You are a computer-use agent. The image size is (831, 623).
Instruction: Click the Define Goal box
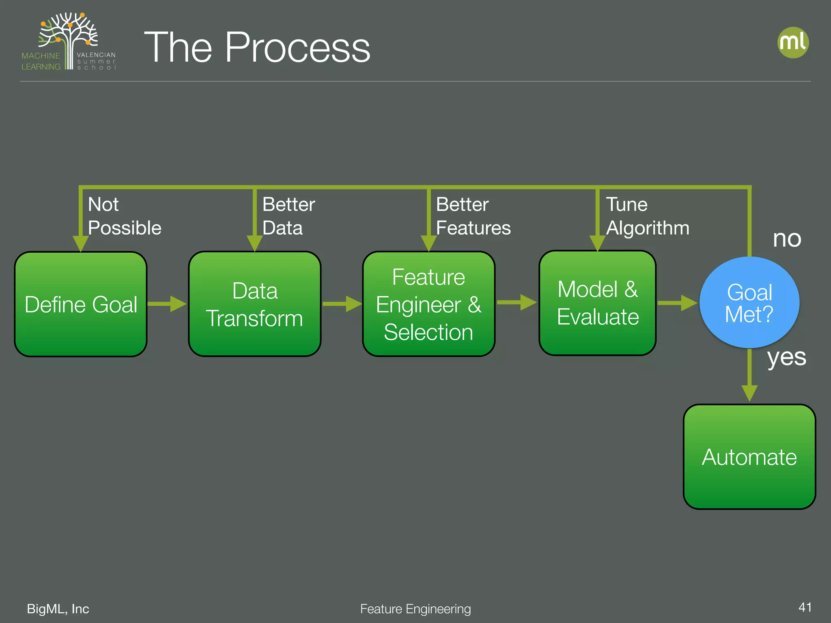pyautogui.click(x=81, y=304)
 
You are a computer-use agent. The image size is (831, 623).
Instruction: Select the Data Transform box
pyautogui.click(x=254, y=304)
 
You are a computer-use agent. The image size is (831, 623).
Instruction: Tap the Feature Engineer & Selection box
pyautogui.click(x=428, y=304)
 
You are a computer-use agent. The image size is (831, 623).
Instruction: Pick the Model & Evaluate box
pyautogui.click(x=597, y=303)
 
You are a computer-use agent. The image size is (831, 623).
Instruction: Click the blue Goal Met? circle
pyautogui.click(x=749, y=303)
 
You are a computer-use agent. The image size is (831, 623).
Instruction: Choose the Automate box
pyautogui.click(x=749, y=457)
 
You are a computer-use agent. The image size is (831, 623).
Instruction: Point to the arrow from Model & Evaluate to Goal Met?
pyautogui.click(x=677, y=303)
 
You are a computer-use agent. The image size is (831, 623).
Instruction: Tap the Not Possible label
pyautogui.click(x=124, y=216)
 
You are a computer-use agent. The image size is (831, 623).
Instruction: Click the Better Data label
pyautogui.click(x=288, y=216)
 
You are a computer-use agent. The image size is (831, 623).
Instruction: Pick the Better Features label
pyautogui.click(x=473, y=216)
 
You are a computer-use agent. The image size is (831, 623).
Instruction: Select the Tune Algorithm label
pyautogui.click(x=647, y=216)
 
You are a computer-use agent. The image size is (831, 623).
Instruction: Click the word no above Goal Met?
pyautogui.click(x=787, y=238)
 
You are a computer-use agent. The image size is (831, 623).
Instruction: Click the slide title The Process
pyautogui.click(x=257, y=47)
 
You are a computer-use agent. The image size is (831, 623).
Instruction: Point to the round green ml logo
pyautogui.click(x=793, y=43)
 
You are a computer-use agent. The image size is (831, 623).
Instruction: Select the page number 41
pyautogui.click(x=805, y=607)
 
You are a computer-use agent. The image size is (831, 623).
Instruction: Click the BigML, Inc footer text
pyautogui.click(x=58, y=609)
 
